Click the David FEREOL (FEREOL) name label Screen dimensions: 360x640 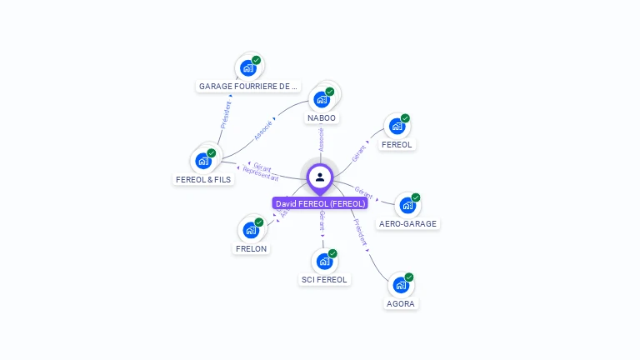(320, 203)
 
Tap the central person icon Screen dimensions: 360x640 (320, 177)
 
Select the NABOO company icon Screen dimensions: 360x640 (321, 100)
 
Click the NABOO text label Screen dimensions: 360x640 (322, 118)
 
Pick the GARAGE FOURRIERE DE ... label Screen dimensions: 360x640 (248, 86)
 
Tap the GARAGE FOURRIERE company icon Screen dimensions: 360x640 (247, 68)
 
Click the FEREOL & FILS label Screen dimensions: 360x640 (203, 179)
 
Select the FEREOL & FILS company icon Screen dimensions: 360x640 (202, 161)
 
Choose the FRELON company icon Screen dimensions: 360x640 (250, 230)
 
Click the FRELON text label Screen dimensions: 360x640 (252, 248)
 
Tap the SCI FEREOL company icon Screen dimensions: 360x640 (324, 261)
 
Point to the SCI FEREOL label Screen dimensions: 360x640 (324, 279)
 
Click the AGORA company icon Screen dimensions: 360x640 (400, 285)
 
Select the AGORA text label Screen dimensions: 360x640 (401, 303)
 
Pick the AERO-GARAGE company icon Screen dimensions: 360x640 (407, 205)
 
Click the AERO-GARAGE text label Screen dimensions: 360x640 (407, 223)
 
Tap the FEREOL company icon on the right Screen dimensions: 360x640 (397, 126)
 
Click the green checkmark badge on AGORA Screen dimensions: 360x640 (409, 277)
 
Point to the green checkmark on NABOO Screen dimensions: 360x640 (330, 92)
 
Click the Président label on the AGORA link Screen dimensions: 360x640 (360, 232)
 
